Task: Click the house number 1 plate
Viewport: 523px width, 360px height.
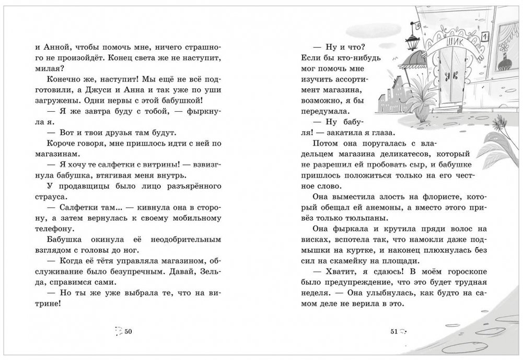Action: tap(484, 37)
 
